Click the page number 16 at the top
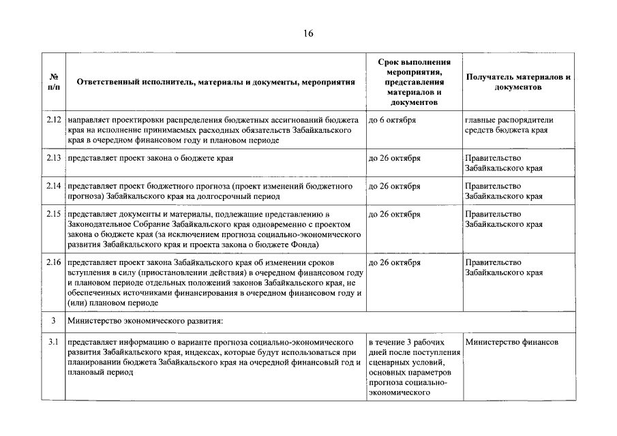click(x=308, y=33)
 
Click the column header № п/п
click(x=54, y=82)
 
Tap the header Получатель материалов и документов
click(x=517, y=82)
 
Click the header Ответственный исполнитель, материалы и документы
click(x=215, y=82)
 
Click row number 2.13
click(x=54, y=158)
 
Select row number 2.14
click(x=54, y=186)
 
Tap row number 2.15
click(x=54, y=214)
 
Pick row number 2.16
click(x=54, y=262)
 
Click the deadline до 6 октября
click(x=392, y=120)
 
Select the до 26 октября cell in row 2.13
click(x=394, y=158)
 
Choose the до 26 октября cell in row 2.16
click(x=394, y=262)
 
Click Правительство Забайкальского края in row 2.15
click(x=504, y=219)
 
